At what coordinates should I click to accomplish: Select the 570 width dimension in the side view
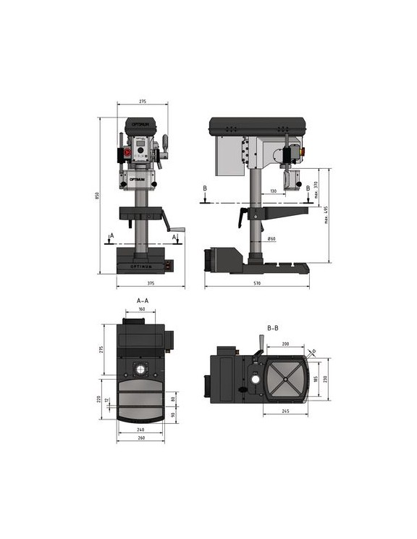256,283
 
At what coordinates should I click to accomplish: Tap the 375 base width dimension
150,283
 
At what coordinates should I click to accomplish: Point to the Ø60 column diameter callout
271,238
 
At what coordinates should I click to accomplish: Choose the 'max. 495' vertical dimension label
327,215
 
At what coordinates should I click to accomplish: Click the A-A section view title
143,300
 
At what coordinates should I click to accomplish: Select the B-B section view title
272,328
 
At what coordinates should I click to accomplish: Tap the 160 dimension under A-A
141,309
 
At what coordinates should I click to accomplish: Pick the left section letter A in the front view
110,235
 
